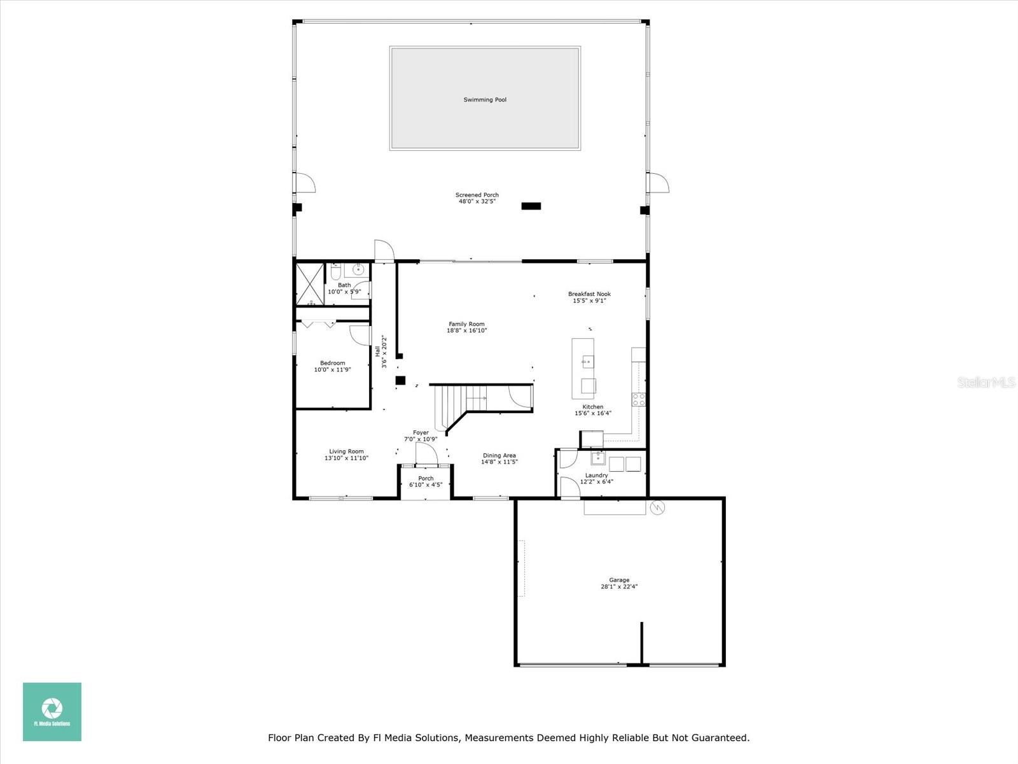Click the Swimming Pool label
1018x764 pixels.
coord(485,100)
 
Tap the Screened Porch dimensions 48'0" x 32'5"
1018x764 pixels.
coord(477,201)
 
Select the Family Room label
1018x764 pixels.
coord(466,324)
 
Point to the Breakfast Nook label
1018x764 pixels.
coord(589,294)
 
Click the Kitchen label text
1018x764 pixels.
coord(593,407)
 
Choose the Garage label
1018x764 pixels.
coord(619,580)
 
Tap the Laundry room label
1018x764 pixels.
coord(596,476)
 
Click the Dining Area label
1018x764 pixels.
coord(499,455)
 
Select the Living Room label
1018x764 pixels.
coord(347,451)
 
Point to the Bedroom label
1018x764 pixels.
coord(333,363)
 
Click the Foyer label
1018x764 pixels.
coord(421,433)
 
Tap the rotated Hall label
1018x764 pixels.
coord(377,351)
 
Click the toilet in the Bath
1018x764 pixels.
coord(336,271)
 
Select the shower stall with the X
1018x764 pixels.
coord(310,284)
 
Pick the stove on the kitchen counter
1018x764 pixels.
coord(639,399)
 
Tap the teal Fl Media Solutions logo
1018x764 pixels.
coord(52,711)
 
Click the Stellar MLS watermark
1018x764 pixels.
coord(986,382)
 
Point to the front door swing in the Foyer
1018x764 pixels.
coord(426,453)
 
